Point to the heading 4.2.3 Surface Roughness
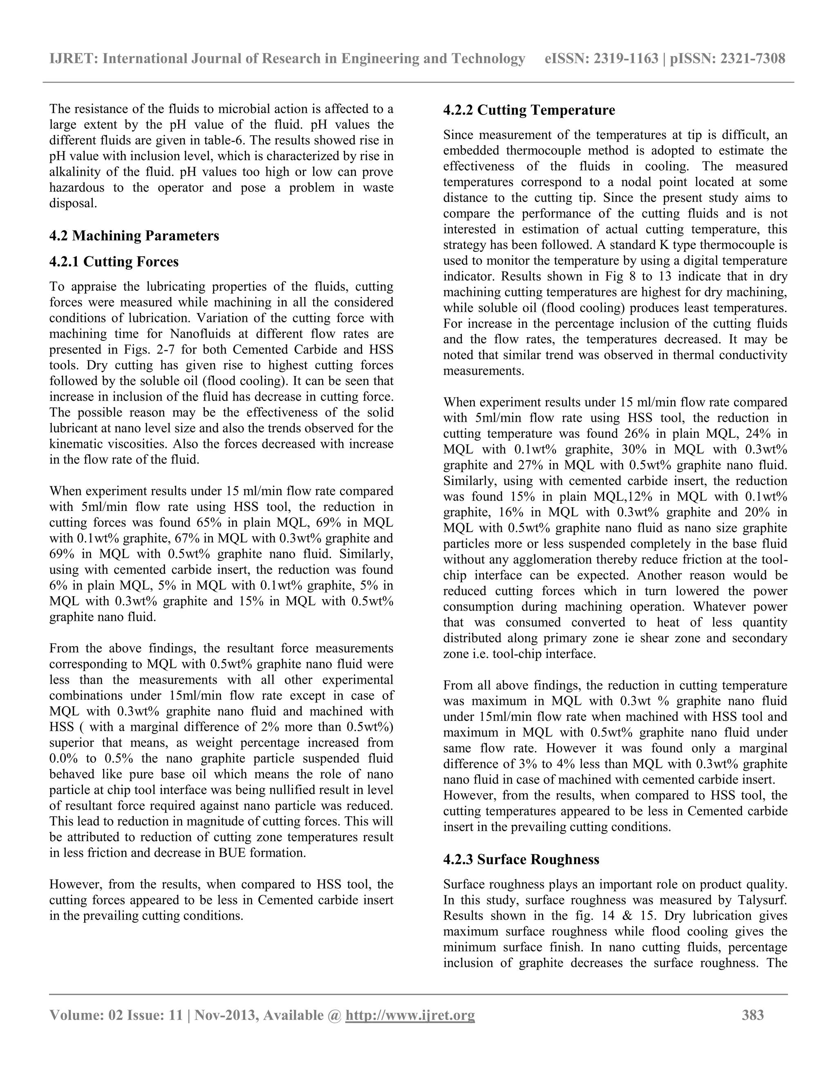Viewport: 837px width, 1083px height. (521, 859)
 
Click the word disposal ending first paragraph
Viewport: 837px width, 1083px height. (73, 203)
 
